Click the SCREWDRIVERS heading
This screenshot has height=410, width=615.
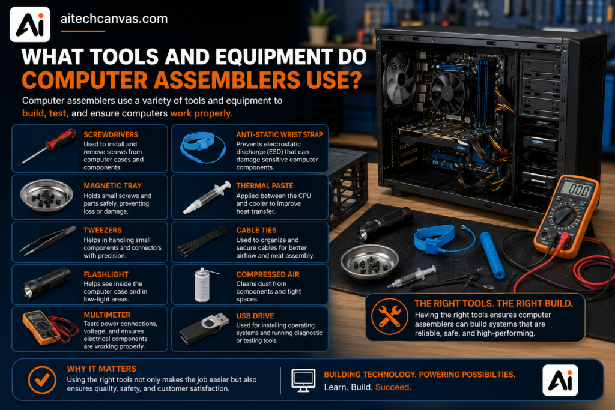[111, 135]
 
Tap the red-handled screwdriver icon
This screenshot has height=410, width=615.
[48, 146]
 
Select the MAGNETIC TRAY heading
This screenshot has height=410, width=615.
[112, 186]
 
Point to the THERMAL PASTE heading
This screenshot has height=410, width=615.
[265, 186]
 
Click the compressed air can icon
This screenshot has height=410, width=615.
[203, 285]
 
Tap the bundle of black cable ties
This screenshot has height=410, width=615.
[202, 243]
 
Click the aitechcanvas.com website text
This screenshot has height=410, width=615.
[114, 19]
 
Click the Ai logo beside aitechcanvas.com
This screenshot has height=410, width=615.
[30, 24]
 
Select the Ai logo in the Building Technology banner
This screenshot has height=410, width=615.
[560, 380]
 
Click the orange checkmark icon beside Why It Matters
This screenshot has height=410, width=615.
[42, 379]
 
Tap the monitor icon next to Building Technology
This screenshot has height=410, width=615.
[303, 380]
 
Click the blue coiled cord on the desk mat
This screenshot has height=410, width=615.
[492, 255]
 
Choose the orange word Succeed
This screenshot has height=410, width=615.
[393, 387]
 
